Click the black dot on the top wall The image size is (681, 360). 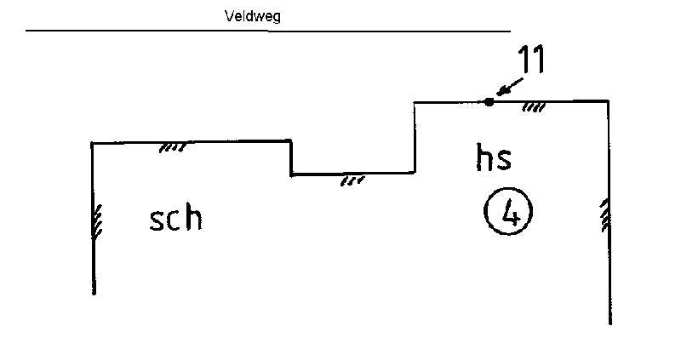pyautogui.click(x=488, y=101)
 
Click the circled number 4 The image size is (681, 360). pyautogui.click(x=508, y=213)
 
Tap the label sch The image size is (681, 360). pyautogui.click(x=176, y=219)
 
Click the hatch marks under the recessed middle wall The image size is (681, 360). pyautogui.click(x=352, y=180)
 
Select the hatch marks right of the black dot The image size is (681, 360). pyautogui.click(x=534, y=107)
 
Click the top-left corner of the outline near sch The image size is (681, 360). pyautogui.click(x=92, y=143)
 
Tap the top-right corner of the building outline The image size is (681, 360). pyautogui.click(x=608, y=101)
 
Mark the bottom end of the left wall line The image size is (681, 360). pyautogui.click(x=93, y=294)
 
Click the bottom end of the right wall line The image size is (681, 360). pyautogui.click(x=609, y=323)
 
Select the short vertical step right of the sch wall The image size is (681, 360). pyautogui.click(x=291, y=158)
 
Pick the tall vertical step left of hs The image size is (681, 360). pyautogui.click(x=415, y=138)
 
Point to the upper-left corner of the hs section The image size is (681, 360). pyautogui.click(x=415, y=102)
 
